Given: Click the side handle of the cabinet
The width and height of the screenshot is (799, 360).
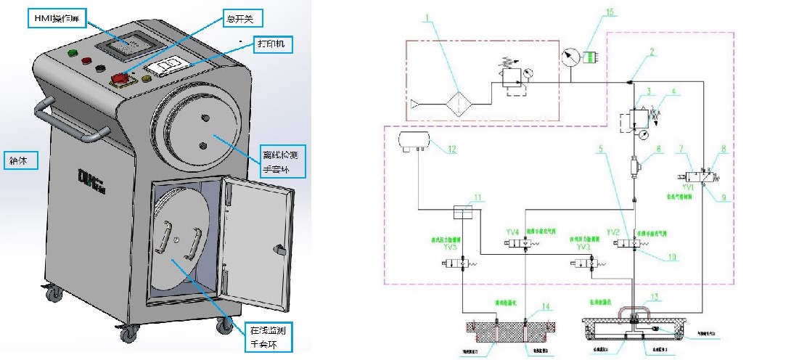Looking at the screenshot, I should [x=69, y=124].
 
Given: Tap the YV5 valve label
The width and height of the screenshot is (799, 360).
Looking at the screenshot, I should [x=451, y=245].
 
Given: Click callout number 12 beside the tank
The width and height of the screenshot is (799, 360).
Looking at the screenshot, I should [x=452, y=150].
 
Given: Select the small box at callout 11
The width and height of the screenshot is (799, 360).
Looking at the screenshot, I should [x=462, y=212].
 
